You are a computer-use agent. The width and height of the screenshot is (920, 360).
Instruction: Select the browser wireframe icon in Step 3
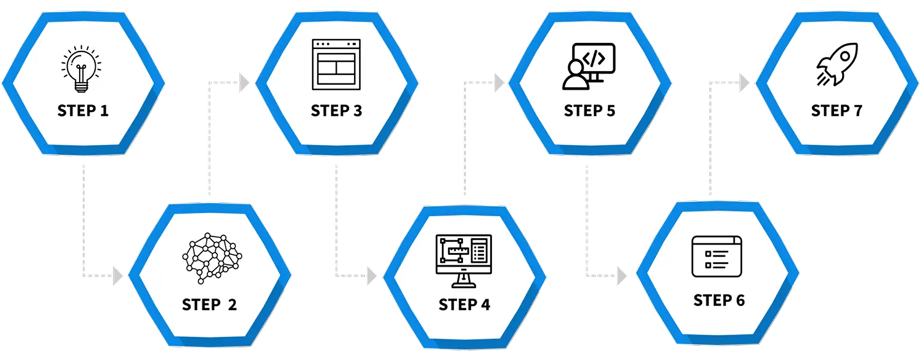coord(336,63)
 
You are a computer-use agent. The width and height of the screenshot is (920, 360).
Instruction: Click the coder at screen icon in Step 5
coord(588,65)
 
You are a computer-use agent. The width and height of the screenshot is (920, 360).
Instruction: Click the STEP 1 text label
coord(83,111)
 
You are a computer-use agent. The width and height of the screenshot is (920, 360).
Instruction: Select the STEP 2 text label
coord(209,305)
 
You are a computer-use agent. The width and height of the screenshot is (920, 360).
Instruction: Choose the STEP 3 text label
coord(336,111)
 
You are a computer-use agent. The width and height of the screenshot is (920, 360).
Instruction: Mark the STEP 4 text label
coord(464,305)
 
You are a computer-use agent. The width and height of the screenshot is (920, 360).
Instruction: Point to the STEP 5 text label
coord(589,111)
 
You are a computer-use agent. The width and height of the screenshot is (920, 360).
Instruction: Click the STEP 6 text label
coord(718,300)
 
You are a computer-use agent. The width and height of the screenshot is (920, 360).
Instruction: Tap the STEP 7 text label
coord(836,111)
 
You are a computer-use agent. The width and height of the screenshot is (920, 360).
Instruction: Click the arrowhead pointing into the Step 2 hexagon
coord(119,276)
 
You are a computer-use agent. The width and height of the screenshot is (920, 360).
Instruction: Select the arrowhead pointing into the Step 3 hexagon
coord(245,83)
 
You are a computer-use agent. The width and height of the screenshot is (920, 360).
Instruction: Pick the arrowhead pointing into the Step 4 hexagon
coord(372,276)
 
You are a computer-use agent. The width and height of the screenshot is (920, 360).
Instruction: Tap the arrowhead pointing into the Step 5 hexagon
coord(499,83)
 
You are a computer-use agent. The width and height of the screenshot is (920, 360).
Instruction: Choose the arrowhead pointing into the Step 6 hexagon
coord(623,276)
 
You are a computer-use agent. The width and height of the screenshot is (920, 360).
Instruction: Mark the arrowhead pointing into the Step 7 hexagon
coord(745,83)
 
